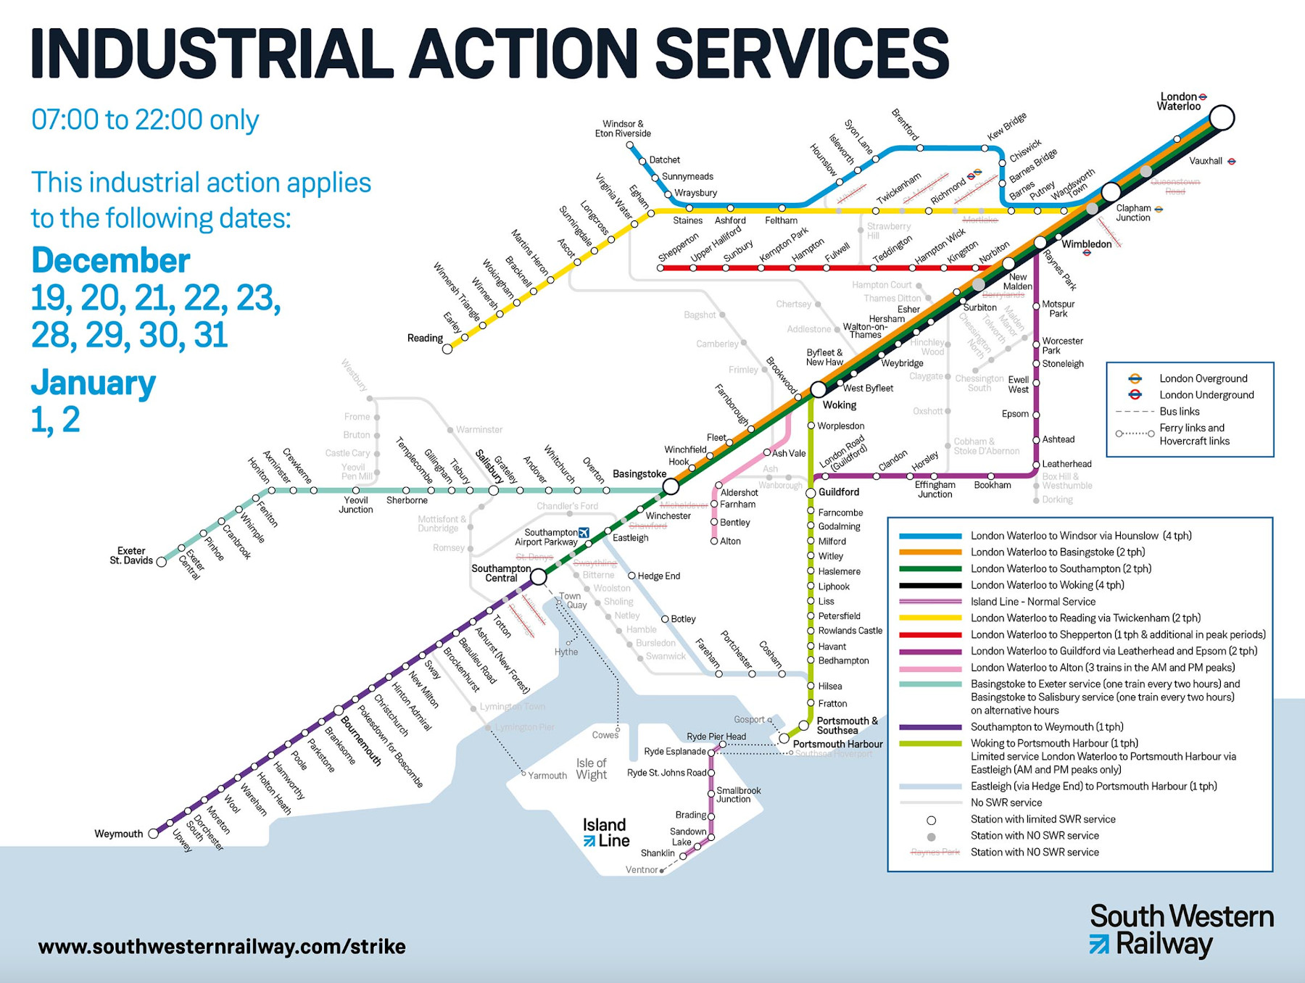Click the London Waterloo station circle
pos(1222,117)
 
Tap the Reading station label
pos(425,338)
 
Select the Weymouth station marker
pos(154,834)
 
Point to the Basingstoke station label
pos(639,474)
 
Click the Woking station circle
pos(819,389)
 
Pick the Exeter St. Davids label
pos(131,555)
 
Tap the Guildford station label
pos(839,492)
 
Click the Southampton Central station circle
pos(539,576)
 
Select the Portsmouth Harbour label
pos(837,744)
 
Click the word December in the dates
pos(110,261)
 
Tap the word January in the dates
pos(93,383)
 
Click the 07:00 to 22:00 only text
pos(145,120)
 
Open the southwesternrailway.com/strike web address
pos(222,947)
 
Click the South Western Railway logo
pos(1181,930)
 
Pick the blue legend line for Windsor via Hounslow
pos(930,536)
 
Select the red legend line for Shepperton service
pos(930,635)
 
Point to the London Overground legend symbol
pos(1135,378)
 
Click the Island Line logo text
pos(606,833)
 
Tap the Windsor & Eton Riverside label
pos(623,129)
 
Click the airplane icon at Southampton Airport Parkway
pos(584,533)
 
